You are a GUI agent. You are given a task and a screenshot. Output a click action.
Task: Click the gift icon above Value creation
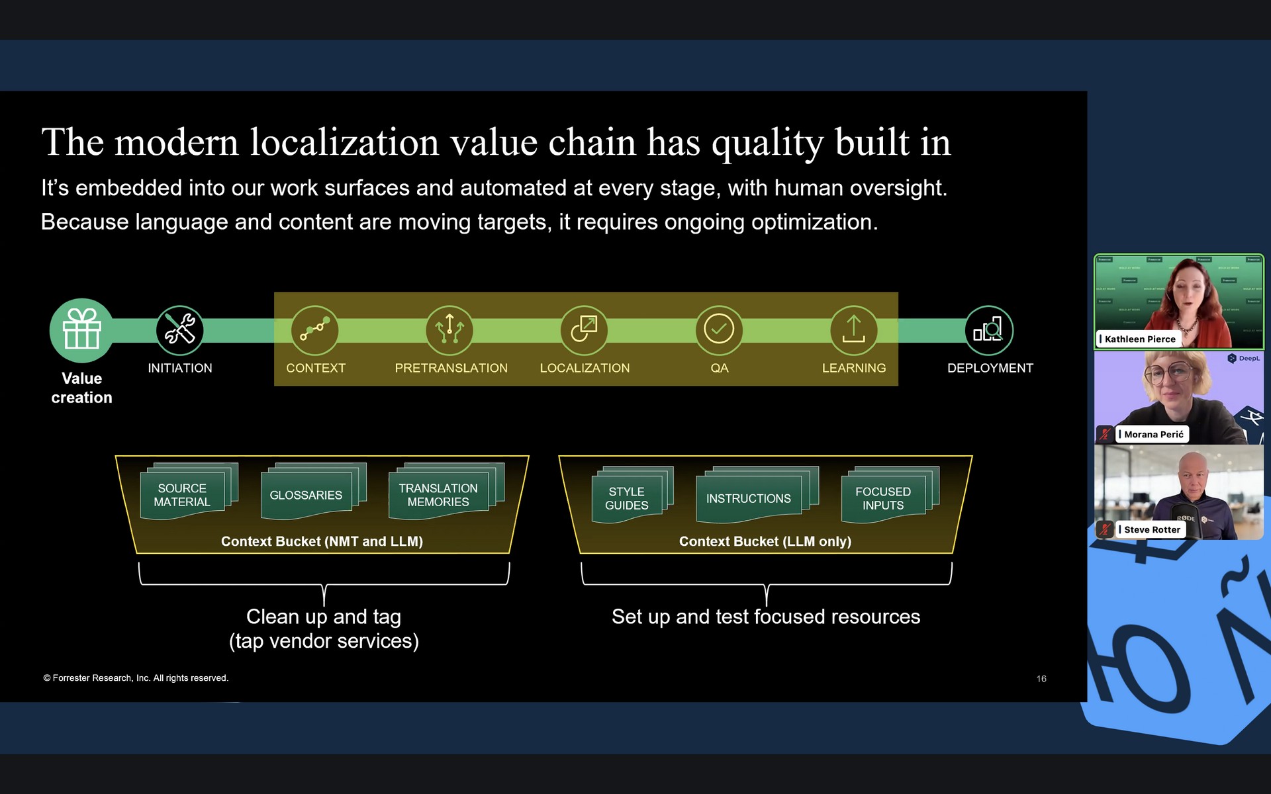coord(81,330)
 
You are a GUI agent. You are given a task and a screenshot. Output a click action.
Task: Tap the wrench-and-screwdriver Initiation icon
coord(179,330)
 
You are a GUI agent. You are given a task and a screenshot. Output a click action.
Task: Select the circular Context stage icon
coord(315,330)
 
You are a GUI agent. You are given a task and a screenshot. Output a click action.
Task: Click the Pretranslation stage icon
coord(449,330)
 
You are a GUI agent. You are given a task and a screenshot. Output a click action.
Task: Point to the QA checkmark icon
coord(719,330)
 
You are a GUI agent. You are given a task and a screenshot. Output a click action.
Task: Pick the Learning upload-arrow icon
coord(853,330)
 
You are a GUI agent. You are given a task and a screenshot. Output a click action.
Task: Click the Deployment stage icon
coord(988,330)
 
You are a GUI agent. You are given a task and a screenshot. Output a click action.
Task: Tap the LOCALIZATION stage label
coord(585,368)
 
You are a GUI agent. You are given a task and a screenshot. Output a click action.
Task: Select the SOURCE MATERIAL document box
coord(182,495)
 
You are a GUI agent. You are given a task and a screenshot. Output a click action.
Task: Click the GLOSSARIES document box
coord(306,495)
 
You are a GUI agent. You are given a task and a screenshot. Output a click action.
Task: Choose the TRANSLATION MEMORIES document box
coord(438,495)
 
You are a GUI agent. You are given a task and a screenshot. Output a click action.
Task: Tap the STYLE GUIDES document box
coord(626,499)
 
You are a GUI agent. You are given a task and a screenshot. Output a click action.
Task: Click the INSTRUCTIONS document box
coord(748,499)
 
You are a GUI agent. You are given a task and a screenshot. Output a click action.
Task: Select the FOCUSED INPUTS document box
coord(882,499)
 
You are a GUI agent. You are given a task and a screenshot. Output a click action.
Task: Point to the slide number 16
coord(1041,679)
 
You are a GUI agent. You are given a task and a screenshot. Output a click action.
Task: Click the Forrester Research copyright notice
coord(136,678)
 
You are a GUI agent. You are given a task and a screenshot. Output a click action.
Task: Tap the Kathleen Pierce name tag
coord(1139,339)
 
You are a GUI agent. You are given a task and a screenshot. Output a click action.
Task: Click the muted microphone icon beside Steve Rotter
coord(1105,529)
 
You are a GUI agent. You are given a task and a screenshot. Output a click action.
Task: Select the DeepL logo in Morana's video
coord(1244,359)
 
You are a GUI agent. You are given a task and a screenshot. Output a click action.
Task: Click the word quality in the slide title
coord(767,143)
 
